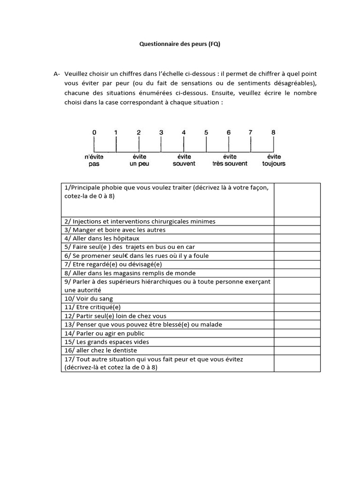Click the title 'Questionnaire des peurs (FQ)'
pyautogui.click(x=180, y=45)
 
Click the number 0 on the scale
pyautogui.click(x=94, y=133)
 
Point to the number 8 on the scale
pyautogui.click(x=273, y=133)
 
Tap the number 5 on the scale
pyautogui.click(x=206, y=133)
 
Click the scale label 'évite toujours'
pyautogui.click(x=274, y=160)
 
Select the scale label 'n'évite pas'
pyautogui.click(x=94, y=160)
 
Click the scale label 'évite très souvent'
pyautogui.click(x=230, y=160)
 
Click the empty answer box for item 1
pyautogui.click(x=297, y=200)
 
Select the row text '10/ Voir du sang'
pyautogui.click(x=90, y=299)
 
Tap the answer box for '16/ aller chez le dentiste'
pyautogui.click(x=297, y=350)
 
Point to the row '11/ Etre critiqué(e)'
pyautogui.click(x=93, y=307)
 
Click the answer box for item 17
pyautogui.click(x=297, y=363)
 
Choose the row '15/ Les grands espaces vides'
pyautogui.click(x=107, y=342)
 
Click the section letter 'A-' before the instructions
pyautogui.click(x=57, y=74)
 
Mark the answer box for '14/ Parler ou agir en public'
pyautogui.click(x=297, y=333)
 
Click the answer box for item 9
pyautogui.click(x=297, y=286)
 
